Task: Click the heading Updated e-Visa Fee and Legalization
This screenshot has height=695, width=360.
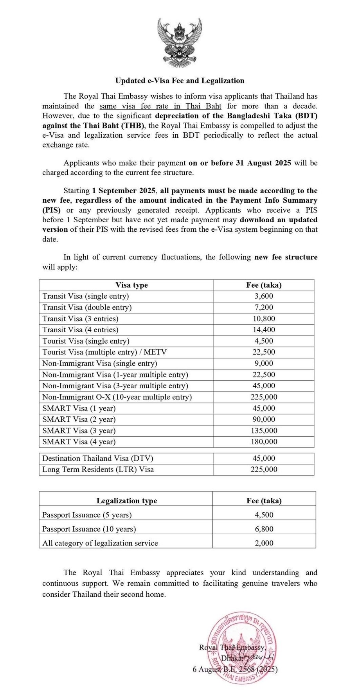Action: click(180, 81)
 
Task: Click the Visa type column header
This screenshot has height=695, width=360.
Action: click(131, 285)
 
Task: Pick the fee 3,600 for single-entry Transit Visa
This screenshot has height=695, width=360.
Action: click(264, 296)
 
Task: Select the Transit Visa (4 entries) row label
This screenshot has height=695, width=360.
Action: click(80, 330)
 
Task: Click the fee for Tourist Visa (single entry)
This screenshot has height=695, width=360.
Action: click(264, 341)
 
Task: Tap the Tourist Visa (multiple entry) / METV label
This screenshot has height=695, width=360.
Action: click(104, 352)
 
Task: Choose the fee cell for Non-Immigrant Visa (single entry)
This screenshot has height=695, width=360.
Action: click(264, 363)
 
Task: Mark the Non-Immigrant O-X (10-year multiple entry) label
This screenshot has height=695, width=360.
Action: click(117, 397)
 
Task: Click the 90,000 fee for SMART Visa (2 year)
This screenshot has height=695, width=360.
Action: click(264, 420)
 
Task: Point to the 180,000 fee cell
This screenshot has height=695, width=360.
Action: click(264, 442)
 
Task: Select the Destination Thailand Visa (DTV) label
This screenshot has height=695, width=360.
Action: click(98, 458)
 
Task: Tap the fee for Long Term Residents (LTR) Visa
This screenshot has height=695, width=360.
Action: click(264, 469)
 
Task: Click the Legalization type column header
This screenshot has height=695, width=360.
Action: click(127, 501)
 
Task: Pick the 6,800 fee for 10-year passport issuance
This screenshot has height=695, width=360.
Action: click(264, 529)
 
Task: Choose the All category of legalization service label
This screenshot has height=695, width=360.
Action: click(100, 543)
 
